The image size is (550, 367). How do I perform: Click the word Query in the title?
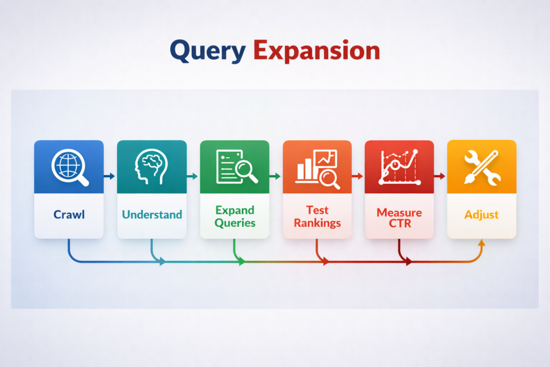pyautogui.click(x=207, y=51)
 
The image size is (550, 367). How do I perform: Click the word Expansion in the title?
pyautogui.click(x=316, y=51)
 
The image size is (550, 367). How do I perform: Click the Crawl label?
pyautogui.click(x=69, y=215)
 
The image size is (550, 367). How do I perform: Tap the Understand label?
pyautogui.click(x=152, y=215)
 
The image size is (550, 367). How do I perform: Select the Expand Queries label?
pyautogui.click(x=235, y=216)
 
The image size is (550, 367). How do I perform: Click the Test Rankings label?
pyautogui.click(x=317, y=216)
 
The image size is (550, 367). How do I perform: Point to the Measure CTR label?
pyautogui.click(x=400, y=217)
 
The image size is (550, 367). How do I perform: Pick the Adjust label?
pyautogui.click(x=482, y=215)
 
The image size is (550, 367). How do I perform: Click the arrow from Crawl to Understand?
pyautogui.click(x=110, y=176)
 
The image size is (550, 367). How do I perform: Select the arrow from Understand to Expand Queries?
pyautogui.click(x=193, y=176)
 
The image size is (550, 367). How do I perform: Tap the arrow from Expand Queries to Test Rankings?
pyautogui.click(x=276, y=176)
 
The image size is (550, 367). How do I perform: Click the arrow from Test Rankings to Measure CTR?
pyautogui.click(x=358, y=176)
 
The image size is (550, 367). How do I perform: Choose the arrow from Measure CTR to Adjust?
pyautogui.click(x=440, y=176)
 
